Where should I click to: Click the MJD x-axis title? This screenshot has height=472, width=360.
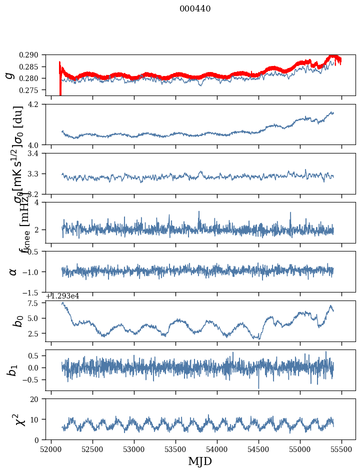200,461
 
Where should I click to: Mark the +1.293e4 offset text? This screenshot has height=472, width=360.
62,296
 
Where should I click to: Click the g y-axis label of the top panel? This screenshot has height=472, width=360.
9,75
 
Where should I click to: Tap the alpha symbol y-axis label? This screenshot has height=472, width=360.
13,271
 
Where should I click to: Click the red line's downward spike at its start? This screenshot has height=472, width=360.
60,92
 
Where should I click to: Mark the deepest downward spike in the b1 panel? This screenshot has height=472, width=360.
258,387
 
